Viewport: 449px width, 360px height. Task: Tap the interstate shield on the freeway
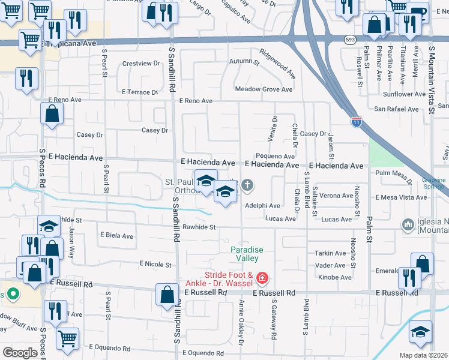pos(357,122)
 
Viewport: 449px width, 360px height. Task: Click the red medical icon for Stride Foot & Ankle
pos(262,278)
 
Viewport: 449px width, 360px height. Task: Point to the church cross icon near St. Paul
pos(247,186)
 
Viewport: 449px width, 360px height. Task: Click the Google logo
pos(20,353)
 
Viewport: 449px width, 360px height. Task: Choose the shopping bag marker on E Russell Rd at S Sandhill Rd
pos(167,294)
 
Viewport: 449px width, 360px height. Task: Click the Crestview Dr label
pos(139,63)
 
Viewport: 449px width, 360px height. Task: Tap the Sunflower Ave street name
pos(404,94)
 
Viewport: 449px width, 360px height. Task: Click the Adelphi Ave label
pos(262,205)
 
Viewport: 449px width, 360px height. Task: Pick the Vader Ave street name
pos(330,265)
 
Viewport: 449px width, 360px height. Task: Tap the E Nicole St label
pos(155,264)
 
